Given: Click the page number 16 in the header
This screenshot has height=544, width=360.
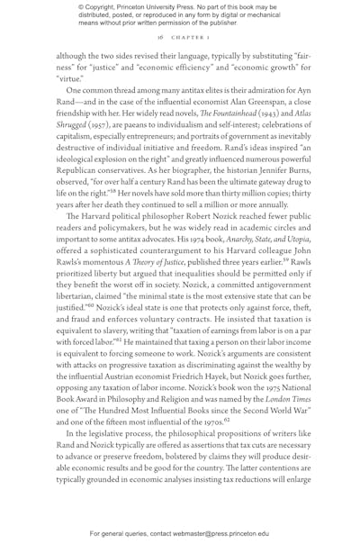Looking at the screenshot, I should point(159,38).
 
